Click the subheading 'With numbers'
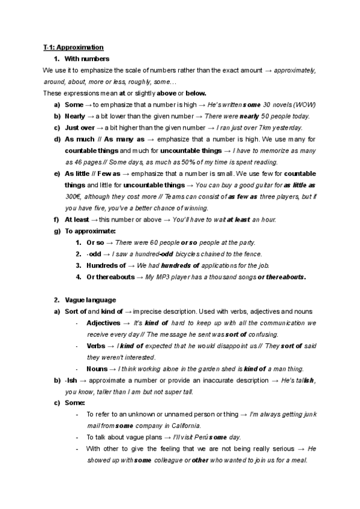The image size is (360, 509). tap(86, 58)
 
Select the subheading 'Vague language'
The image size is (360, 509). tap(90, 300)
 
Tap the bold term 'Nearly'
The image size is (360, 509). tap(74, 116)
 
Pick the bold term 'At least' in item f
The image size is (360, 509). tap(77, 219)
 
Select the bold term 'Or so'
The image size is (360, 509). tap(96, 242)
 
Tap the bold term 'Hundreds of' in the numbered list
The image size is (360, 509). tap(106, 265)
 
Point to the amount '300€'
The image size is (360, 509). tap(75, 196)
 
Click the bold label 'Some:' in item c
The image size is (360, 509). tap(75, 403)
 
